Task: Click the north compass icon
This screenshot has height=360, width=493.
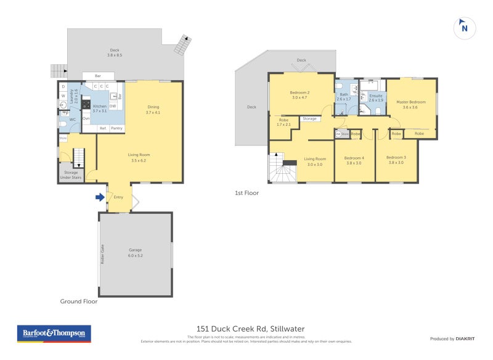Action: pos(465,27)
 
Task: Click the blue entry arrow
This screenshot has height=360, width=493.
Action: pos(100,197)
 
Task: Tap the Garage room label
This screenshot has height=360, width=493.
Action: pos(135,252)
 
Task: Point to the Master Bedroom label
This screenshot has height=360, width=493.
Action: pos(410,104)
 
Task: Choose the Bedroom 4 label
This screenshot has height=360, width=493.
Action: pos(354,160)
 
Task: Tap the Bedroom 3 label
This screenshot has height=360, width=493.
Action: pos(396,160)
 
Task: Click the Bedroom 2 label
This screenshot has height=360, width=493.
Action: pos(299,95)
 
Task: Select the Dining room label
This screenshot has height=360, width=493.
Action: pos(153,109)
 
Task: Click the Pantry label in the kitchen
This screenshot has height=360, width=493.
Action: pos(116,128)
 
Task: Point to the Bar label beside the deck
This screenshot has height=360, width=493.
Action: pos(97,76)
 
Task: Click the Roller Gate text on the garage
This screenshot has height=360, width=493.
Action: pos(102,254)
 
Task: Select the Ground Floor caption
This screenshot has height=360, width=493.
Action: pos(78,301)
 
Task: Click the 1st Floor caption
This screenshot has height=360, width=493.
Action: pos(246,193)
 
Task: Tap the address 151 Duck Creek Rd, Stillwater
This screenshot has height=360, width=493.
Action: pos(250,329)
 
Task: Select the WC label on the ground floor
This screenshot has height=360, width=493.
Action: pos(73,118)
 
